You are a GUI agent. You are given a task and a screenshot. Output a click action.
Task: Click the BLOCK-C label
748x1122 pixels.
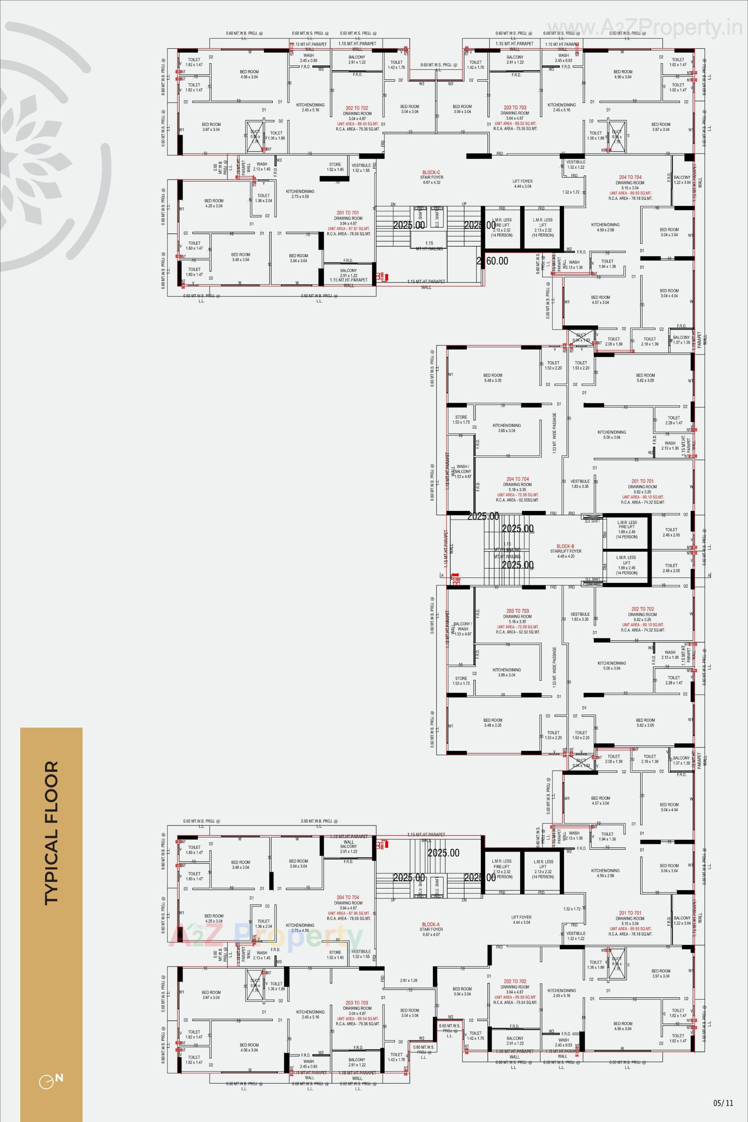[431, 172]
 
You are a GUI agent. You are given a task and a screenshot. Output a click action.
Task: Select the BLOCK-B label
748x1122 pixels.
[565, 546]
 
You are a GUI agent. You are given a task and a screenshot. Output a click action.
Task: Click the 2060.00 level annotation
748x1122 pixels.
[492, 261]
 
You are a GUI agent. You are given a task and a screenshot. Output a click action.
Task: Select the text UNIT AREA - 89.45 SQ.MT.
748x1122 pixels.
[358, 124]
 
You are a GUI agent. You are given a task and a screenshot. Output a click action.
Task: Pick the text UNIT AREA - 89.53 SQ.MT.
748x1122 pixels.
[515, 124]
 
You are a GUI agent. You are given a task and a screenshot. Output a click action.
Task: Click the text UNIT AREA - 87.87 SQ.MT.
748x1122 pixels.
[349, 229]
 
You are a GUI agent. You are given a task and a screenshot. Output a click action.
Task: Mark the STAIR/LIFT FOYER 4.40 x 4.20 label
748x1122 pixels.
[566, 554]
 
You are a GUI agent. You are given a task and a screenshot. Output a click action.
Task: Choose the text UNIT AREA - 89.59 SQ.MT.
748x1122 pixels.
[515, 997]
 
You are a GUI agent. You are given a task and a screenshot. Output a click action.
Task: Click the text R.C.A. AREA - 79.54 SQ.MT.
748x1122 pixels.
[515, 1003]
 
